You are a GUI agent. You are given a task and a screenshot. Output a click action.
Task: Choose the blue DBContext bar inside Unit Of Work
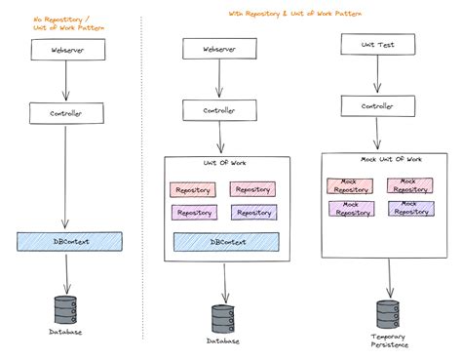(224, 242)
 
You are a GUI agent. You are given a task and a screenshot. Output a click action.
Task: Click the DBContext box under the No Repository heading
(69, 240)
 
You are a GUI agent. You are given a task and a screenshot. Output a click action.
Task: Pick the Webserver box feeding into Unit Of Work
(224, 48)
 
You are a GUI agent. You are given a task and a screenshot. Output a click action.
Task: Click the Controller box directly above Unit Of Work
(224, 112)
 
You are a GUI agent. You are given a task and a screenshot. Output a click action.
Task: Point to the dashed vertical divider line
(141, 176)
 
